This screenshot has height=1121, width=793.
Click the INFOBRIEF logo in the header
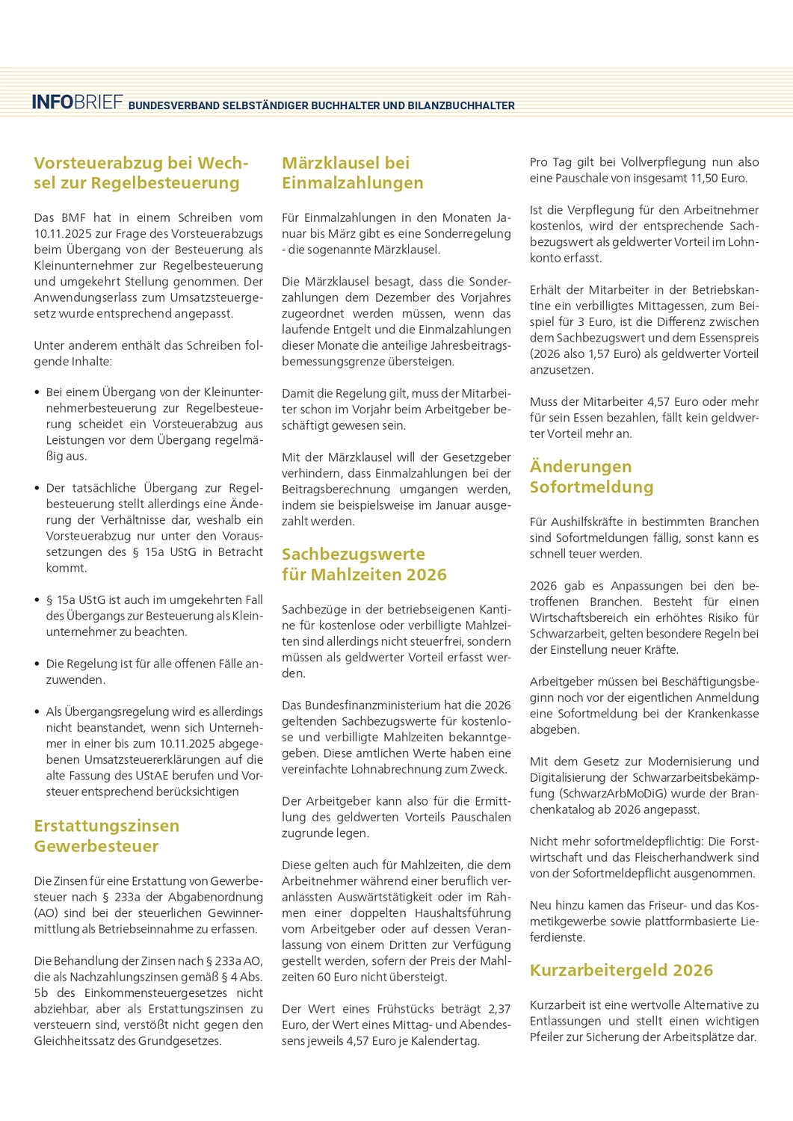(77, 102)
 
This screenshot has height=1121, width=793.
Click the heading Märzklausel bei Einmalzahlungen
(352, 173)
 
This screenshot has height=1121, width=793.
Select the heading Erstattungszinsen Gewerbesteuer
(106, 836)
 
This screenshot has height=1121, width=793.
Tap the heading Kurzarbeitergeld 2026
(621, 970)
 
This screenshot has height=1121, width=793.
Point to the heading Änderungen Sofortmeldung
(591, 477)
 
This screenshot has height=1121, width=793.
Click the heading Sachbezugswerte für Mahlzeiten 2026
(363, 564)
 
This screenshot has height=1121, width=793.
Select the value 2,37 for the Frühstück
(499, 1009)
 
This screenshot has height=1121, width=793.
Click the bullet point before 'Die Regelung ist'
(37, 664)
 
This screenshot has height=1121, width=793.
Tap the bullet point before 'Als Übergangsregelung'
(37, 711)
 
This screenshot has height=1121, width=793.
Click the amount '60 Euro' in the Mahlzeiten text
(343, 977)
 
